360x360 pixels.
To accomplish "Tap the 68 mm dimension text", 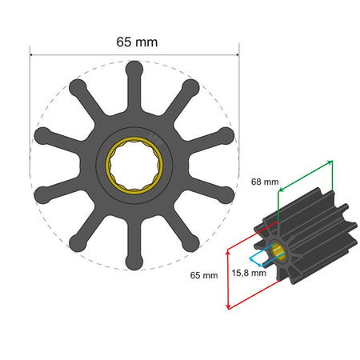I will coord(266,182).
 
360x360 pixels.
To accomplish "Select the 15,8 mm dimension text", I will coord(246,273).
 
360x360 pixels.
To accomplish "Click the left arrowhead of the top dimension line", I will coord(33,55).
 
